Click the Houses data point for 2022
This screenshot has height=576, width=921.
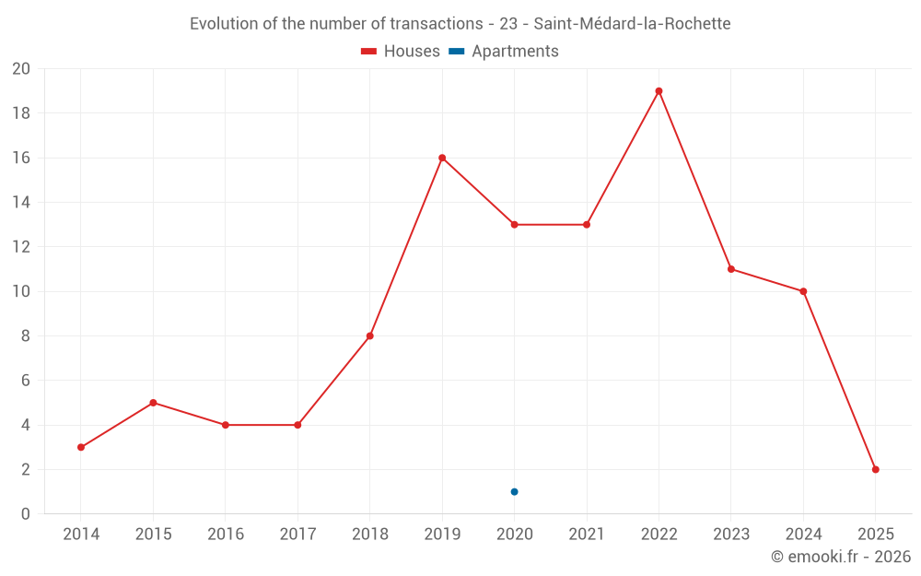tap(659, 91)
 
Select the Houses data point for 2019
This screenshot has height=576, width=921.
tap(442, 158)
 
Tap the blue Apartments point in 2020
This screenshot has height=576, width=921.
tap(514, 491)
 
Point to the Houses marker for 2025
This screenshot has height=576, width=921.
tap(875, 469)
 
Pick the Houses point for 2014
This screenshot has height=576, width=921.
tap(81, 447)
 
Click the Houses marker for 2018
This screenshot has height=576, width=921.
tap(369, 335)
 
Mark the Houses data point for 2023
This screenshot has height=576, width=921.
tap(730, 269)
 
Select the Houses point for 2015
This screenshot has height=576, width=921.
tap(153, 403)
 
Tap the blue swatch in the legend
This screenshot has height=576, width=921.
tap(457, 52)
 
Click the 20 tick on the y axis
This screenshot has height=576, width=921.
tap(21, 69)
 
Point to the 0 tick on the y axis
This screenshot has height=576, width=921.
tap(26, 513)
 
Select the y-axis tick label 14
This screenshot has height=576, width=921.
tap(21, 203)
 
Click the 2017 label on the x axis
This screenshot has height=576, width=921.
tap(297, 535)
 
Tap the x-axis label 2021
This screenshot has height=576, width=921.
tap(587, 535)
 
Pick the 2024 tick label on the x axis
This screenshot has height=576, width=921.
tap(803, 535)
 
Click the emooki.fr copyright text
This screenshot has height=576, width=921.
tap(840, 557)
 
